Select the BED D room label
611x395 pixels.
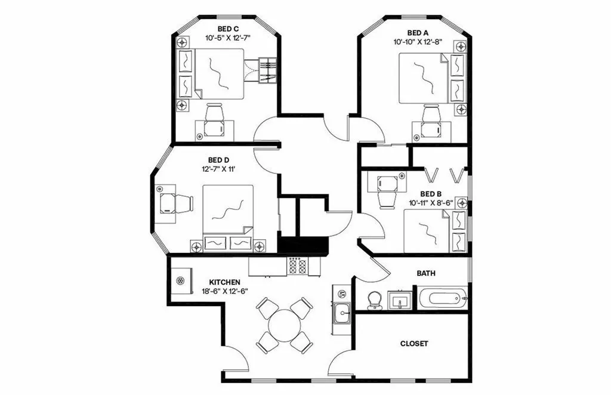point(218,160)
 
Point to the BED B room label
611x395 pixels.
point(430,194)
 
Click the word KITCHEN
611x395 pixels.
point(224,282)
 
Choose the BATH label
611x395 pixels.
point(425,273)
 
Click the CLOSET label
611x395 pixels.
point(413,344)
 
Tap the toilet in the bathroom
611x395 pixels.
point(374,300)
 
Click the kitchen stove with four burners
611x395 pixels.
point(297,266)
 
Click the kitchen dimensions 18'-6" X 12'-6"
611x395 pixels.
point(224,291)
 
